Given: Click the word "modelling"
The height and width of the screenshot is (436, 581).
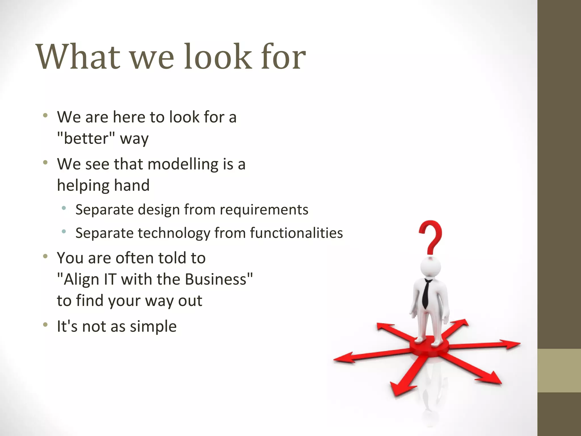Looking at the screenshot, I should tap(183, 164).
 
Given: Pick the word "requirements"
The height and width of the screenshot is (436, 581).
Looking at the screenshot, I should tap(264, 210).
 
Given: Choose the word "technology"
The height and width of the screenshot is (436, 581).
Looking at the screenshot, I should tap(173, 233).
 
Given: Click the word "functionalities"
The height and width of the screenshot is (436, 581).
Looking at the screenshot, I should tap(296, 233).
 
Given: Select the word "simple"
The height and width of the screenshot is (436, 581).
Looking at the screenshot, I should tap(153, 326).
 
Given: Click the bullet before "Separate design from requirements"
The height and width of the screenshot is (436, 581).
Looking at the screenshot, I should tap(64, 208).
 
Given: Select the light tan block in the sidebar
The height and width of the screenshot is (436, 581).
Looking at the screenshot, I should tap(559, 370).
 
